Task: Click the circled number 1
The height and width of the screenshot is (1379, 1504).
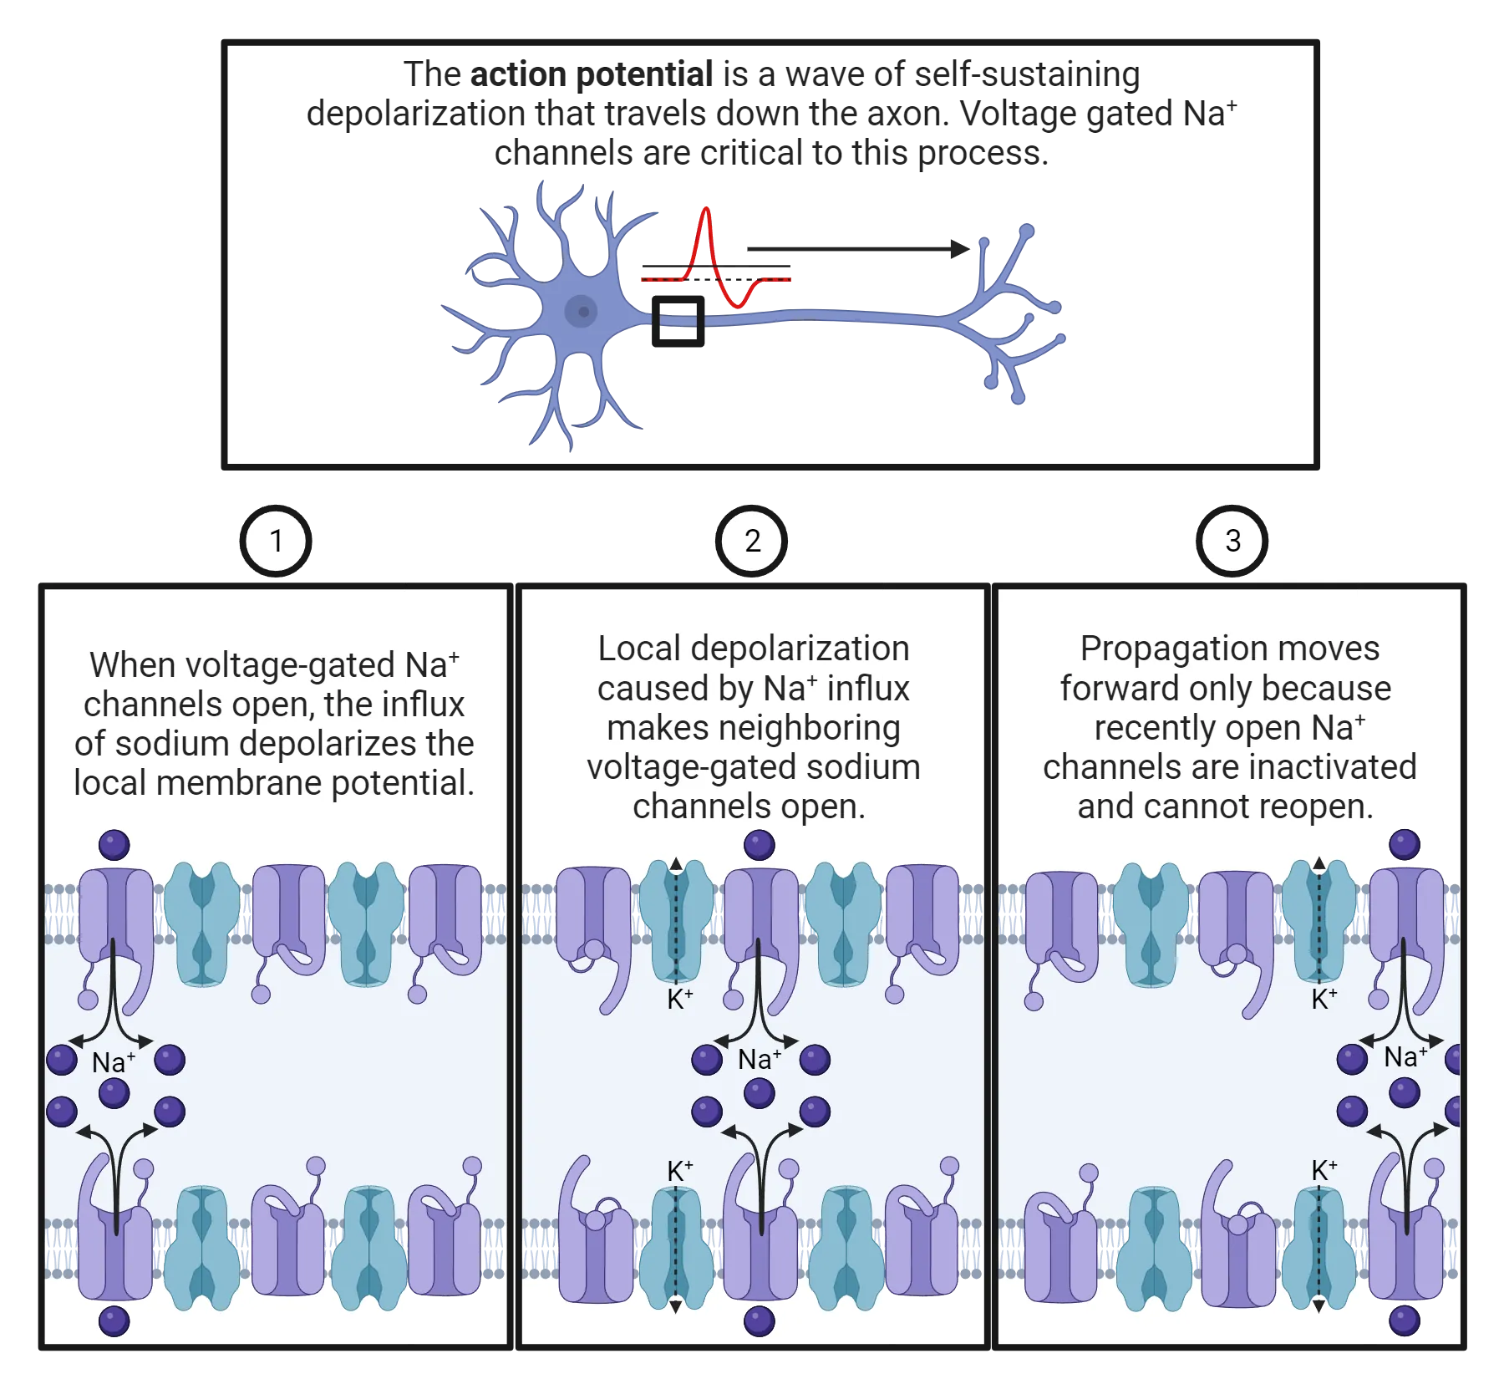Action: point(276,541)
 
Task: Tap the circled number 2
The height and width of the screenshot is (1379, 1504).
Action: point(752,541)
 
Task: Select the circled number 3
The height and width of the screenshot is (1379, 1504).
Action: point(1232,541)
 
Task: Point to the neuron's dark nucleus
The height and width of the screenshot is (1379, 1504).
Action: point(582,312)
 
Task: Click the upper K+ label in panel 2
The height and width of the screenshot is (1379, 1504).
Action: point(680,998)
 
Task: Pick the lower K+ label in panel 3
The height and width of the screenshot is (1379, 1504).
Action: point(1324,1170)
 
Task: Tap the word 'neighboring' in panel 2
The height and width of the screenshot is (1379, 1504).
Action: point(754,728)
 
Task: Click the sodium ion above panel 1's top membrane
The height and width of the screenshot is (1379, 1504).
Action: point(114,845)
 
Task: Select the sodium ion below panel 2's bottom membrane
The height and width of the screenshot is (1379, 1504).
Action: point(759,1321)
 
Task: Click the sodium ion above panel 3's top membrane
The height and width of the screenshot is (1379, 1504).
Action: point(1405,844)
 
